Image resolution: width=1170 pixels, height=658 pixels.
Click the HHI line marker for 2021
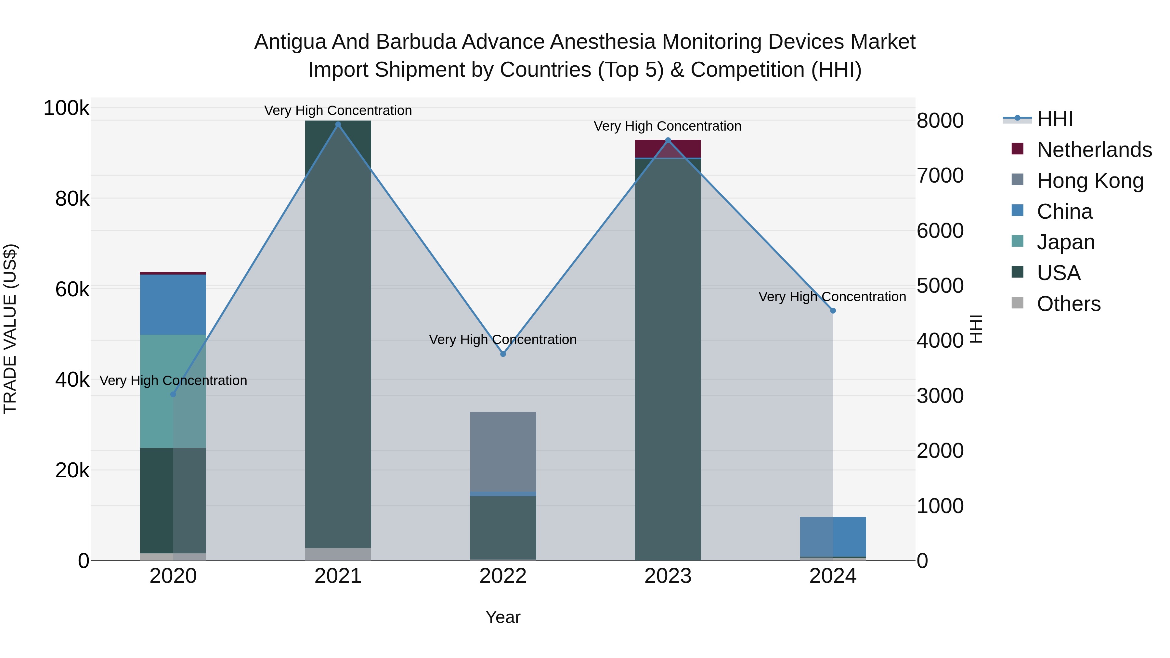(338, 124)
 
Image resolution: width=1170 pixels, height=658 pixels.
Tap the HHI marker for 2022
(503, 354)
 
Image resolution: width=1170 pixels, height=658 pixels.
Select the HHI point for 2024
(833, 311)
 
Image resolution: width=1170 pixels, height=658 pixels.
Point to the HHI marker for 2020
(173, 394)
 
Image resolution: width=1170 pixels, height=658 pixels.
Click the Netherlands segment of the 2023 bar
(668, 148)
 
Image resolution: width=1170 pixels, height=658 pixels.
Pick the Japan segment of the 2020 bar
(173, 391)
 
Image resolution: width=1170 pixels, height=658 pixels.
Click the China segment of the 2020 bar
(173, 304)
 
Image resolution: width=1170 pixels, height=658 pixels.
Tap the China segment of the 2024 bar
(833, 536)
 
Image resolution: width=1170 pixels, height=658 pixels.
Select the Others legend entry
(1068, 304)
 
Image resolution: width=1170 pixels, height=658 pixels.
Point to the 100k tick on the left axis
(66, 109)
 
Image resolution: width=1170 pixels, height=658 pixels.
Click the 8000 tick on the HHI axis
(940, 121)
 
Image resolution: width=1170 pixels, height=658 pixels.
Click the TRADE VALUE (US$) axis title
(10, 329)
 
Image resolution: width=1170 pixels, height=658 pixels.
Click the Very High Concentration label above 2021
(338, 110)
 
